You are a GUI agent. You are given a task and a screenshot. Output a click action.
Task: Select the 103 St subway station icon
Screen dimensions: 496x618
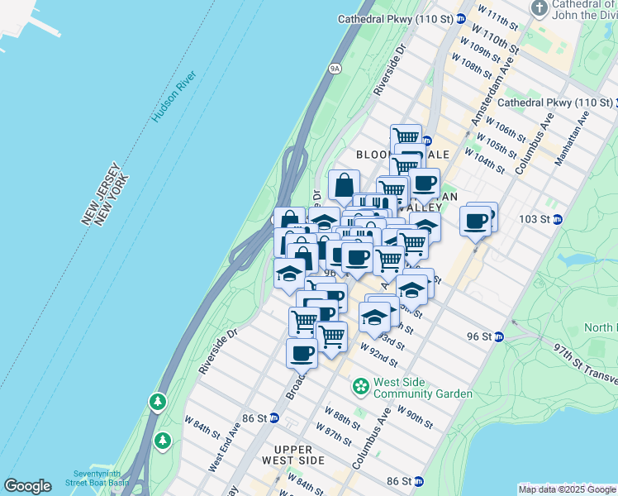[558, 219]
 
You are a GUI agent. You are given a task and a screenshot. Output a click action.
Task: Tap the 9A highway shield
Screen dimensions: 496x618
[334, 69]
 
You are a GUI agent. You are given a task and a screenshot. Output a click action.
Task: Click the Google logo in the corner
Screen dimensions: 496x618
[27, 486]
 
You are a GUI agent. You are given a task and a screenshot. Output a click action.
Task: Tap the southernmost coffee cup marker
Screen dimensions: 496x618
[302, 353]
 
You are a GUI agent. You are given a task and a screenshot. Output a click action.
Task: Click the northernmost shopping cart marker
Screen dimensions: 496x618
[406, 137]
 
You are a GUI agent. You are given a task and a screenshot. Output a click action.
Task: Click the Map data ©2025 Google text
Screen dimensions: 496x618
[568, 489]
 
